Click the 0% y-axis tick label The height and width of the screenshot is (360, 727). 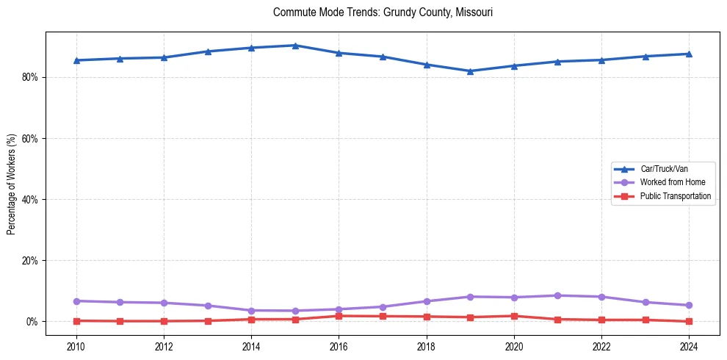32,322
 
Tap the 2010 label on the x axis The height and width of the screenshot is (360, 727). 76,346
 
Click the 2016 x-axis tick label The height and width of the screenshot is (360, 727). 339,346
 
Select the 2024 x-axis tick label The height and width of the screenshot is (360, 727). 689,346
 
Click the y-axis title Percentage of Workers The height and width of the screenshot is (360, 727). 12,183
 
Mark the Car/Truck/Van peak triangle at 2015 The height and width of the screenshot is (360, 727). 294,46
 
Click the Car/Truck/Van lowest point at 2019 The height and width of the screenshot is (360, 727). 470,71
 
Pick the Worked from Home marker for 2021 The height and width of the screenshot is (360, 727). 557,295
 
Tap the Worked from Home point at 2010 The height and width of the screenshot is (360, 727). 76,301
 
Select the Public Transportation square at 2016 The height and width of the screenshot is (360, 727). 339,316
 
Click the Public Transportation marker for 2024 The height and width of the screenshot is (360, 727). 689,321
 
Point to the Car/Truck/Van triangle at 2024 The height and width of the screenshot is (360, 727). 689,54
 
